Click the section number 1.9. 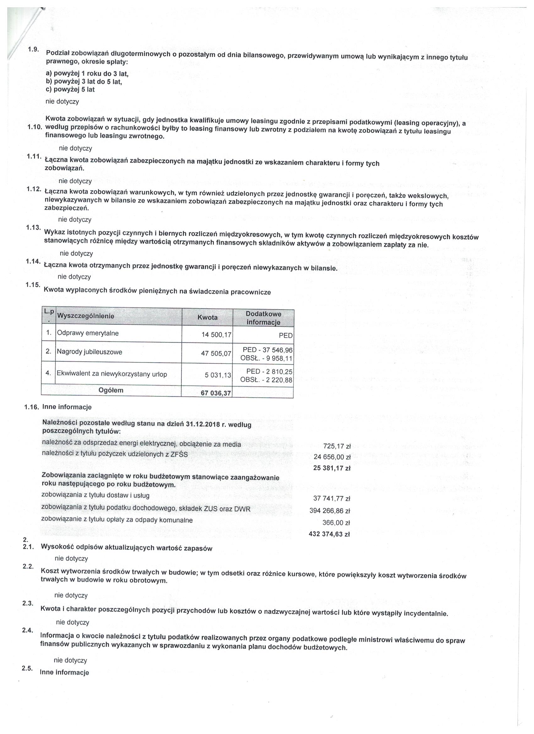click(33, 49)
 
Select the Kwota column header click(207, 317)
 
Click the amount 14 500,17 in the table click(216, 335)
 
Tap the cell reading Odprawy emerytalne click(88, 333)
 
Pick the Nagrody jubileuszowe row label click(90, 352)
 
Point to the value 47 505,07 click(216, 354)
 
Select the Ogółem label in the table click(111, 390)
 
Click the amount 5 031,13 click(218, 375)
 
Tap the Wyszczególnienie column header click(85, 316)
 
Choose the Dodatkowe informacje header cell click(263, 318)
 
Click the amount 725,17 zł click(337, 446)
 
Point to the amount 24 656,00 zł click(332, 457)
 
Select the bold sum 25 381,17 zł click(332, 468)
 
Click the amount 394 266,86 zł click(330, 511)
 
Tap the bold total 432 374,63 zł click(329, 534)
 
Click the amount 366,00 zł click(336, 522)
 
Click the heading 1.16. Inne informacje click(58, 407)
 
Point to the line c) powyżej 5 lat click(70, 89)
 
